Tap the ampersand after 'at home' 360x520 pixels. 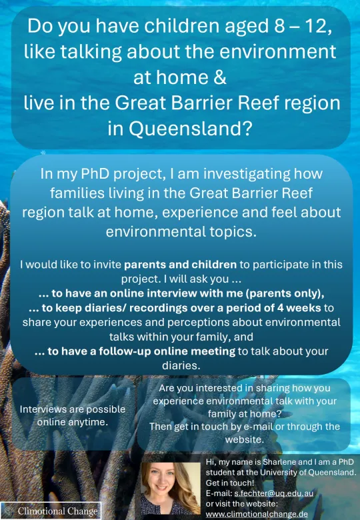[220, 77]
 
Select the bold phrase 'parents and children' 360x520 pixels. [180, 265]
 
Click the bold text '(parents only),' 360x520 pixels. [286, 293]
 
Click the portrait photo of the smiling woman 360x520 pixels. [170, 489]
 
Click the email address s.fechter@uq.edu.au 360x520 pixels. [273, 493]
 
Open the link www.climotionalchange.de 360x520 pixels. [257, 515]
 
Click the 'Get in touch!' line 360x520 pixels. [230, 483]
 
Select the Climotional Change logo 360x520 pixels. [51, 511]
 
